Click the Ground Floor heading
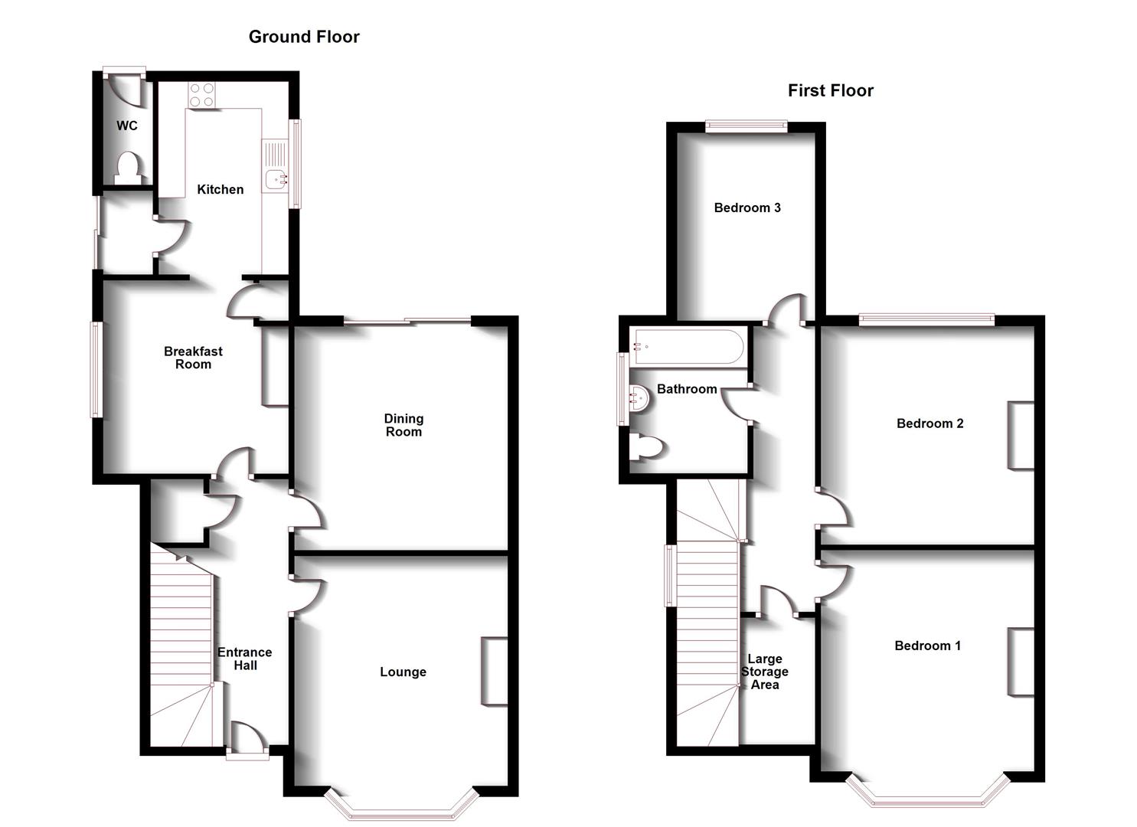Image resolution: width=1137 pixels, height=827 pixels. (x=304, y=37)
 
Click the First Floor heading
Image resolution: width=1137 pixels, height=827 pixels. (x=831, y=91)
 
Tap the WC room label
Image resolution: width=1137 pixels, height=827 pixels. (x=127, y=126)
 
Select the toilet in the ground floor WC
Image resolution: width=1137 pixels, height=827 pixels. (x=127, y=168)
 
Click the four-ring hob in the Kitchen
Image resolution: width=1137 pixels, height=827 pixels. (x=201, y=95)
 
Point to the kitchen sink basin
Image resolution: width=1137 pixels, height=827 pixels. (x=276, y=179)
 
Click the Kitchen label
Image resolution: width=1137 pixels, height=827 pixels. (x=221, y=190)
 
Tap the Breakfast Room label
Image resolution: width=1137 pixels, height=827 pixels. (x=194, y=358)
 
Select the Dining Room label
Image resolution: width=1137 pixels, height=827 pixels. (x=404, y=426)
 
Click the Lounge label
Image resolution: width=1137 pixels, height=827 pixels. (x=403, y=672)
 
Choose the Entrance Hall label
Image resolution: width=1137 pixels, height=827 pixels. (x=245, y=659)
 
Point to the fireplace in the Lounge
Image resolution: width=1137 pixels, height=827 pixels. (x=495, y=671)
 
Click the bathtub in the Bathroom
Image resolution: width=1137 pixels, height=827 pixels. (x=687, y=347)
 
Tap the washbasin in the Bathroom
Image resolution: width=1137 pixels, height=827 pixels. (x=639, y=398)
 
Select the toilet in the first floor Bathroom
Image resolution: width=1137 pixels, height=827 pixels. (x=645, y=447)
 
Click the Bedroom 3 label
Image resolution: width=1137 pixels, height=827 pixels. (x=747, y=208)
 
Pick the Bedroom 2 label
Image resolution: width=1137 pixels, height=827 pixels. (x=930, y=423)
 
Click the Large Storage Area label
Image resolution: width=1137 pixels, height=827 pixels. (x=764, y=672)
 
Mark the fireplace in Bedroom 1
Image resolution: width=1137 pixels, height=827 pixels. (x=1021, y=662)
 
